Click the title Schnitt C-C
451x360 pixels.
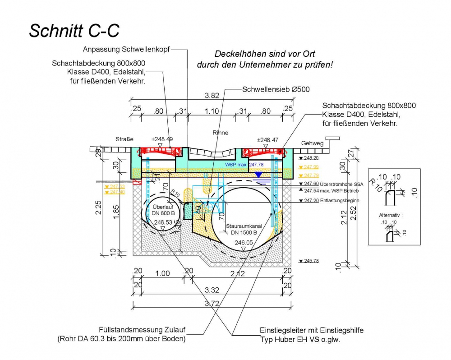74,30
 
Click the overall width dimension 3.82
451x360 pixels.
212,95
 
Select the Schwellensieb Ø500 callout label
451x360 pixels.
276,89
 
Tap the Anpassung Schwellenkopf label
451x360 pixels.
126,49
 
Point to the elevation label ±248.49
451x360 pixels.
162,139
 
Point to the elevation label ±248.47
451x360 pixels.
267,140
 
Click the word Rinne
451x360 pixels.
221,133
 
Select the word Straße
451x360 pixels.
124,139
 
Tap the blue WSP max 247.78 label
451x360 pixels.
244,165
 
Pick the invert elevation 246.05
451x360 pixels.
244,243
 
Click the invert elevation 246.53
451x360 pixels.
163,222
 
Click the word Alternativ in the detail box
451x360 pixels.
390,216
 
